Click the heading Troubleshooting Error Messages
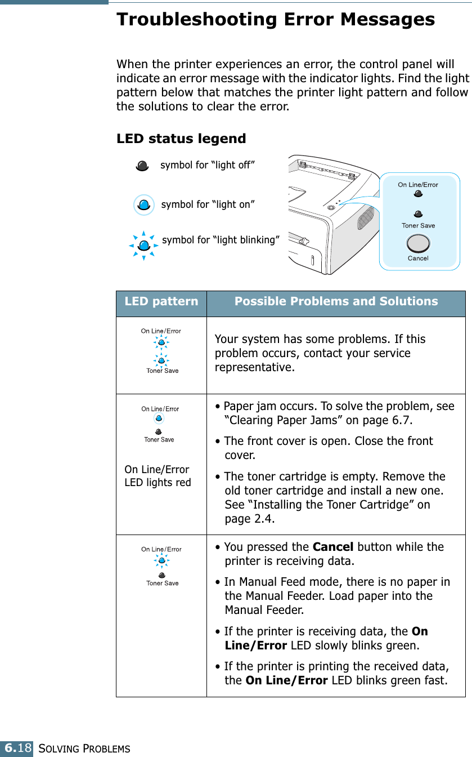pyautogui.click(x=275, y=20)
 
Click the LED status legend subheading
pyautogui.click(x=181, y=139)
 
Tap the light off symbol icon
pyautogui.click(x=142, y=166)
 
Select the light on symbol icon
pyautogui.click(x=144, y=204)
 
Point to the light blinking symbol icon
pyautogui.click(x=144, y=245)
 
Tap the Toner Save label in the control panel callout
pyautogui.click(x=418, y=225)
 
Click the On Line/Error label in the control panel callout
pyautogui.click(x=418, y=185)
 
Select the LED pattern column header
pyautogui.click(x=161, y=301)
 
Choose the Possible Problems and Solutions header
pyautogui.click(x=336, y=301)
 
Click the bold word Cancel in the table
pyautogui.click(x=332, y=547)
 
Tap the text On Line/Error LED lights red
pyautogui.click(x=158, y=476)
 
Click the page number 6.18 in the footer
pyautogui.click(x=17, y=749)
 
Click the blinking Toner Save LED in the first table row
pyautogui.click(x=161, y=360)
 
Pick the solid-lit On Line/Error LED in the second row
pyautogui.click(x=159, y=419)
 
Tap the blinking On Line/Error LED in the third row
pyautogui.click(x=161, y=560)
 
